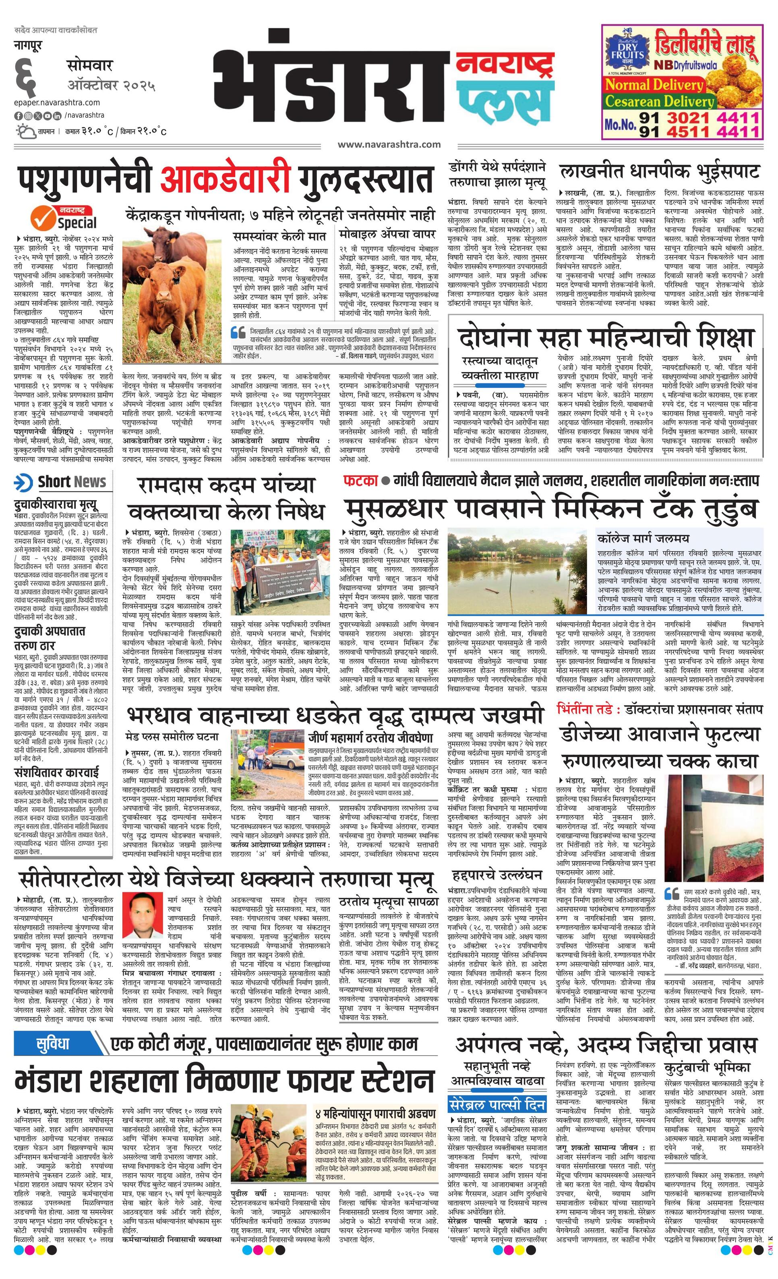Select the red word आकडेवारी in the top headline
pos(224,180)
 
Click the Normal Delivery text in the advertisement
pos(654,85)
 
